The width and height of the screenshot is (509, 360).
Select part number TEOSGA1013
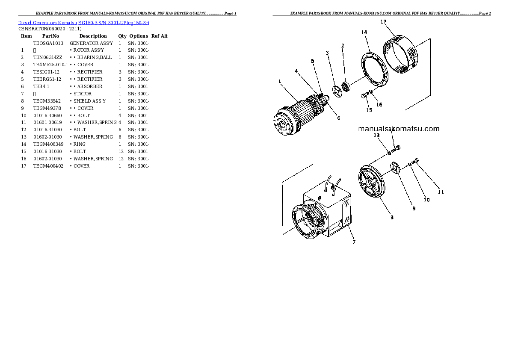[x=48, y=43]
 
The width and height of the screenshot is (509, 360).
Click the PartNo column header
[x=50, y=36]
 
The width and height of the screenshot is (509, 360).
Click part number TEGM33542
[x=45, y=101]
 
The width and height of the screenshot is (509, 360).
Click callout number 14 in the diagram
[x=364, y=32]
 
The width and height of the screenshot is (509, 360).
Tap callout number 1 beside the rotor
[x=279, y=81]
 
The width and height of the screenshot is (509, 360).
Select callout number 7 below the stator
[x=354, y=242]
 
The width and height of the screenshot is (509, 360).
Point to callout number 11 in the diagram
[x=441, y=192]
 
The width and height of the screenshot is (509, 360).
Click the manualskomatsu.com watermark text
[x=399, y=129]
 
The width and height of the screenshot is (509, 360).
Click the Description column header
[x=93, y=36]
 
